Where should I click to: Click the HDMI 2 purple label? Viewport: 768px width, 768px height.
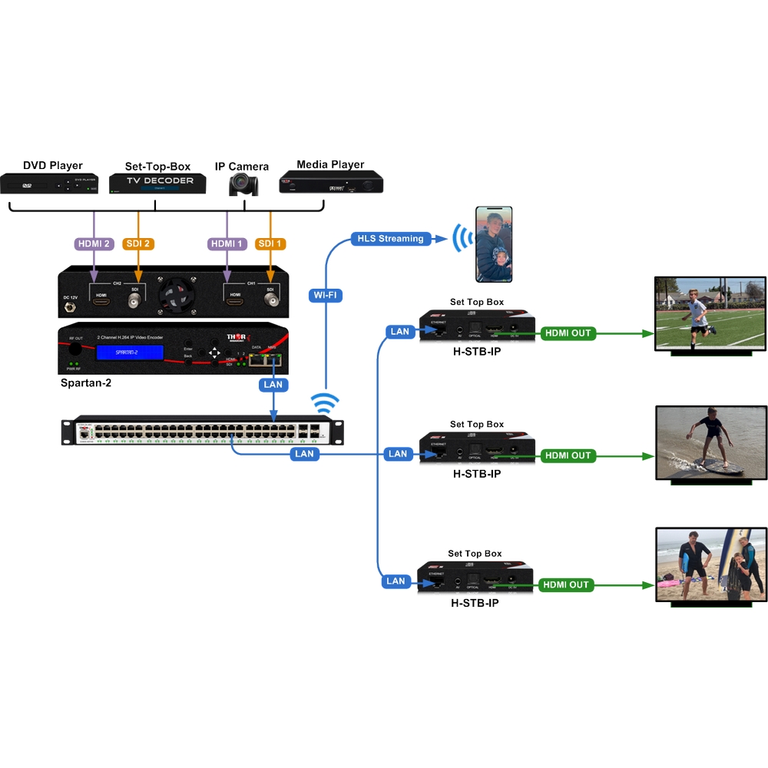click(x=94, y=243)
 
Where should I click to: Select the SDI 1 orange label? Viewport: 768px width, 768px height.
click(x=271, y=243)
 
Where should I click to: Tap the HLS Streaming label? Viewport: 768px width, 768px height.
click(x=390, y=238)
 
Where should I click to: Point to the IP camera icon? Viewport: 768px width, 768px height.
click(x=243, y=184)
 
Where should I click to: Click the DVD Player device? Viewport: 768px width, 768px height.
click(x=50, y=184)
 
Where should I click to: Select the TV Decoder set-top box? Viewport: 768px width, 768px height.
click(x=157, y=182)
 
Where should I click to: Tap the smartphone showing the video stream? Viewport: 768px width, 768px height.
click(x=493, y=244)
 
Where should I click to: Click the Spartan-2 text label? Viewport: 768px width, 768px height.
click(x=86, y=382)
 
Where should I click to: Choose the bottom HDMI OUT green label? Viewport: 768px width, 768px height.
click(x=566, y=584)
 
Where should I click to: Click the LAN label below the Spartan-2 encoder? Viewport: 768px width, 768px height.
click(x=273, y=384)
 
